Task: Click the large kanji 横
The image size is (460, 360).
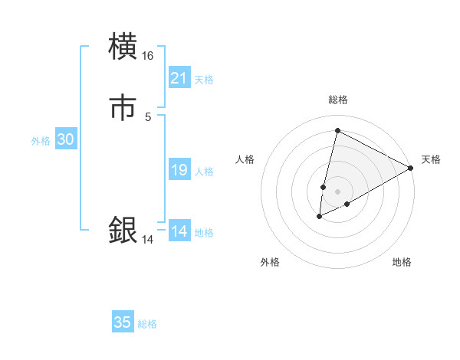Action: coord(123,47)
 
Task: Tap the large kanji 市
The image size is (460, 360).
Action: coord(123,108)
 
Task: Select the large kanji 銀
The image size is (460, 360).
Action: coord(123,230)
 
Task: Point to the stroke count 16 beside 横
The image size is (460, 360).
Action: coord(148,56)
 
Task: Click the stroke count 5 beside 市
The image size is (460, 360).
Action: coord(148,116)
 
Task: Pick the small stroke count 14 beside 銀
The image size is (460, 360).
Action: coord(148,239)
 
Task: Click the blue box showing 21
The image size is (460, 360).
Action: coord(179,78)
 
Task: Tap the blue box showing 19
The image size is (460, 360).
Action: coord(179,170)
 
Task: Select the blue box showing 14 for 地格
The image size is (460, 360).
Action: coord(179,231)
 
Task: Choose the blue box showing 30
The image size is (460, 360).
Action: coord(66,139)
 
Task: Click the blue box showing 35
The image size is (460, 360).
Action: coord(123,322)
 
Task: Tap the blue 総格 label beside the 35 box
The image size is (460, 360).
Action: coord(147,324)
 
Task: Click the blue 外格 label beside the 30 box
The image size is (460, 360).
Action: coord(41,141)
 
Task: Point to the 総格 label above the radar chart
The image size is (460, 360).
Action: coord(337,100)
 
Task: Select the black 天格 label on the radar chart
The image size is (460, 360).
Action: coord(431,159)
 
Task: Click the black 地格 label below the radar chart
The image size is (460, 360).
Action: coord(402,262)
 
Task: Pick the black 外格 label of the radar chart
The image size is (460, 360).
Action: coord(270,262)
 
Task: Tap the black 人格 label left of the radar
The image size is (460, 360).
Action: coord(245,159)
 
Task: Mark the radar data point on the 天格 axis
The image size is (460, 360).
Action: coord(411,168)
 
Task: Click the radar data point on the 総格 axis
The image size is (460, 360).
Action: coord(337,131)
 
